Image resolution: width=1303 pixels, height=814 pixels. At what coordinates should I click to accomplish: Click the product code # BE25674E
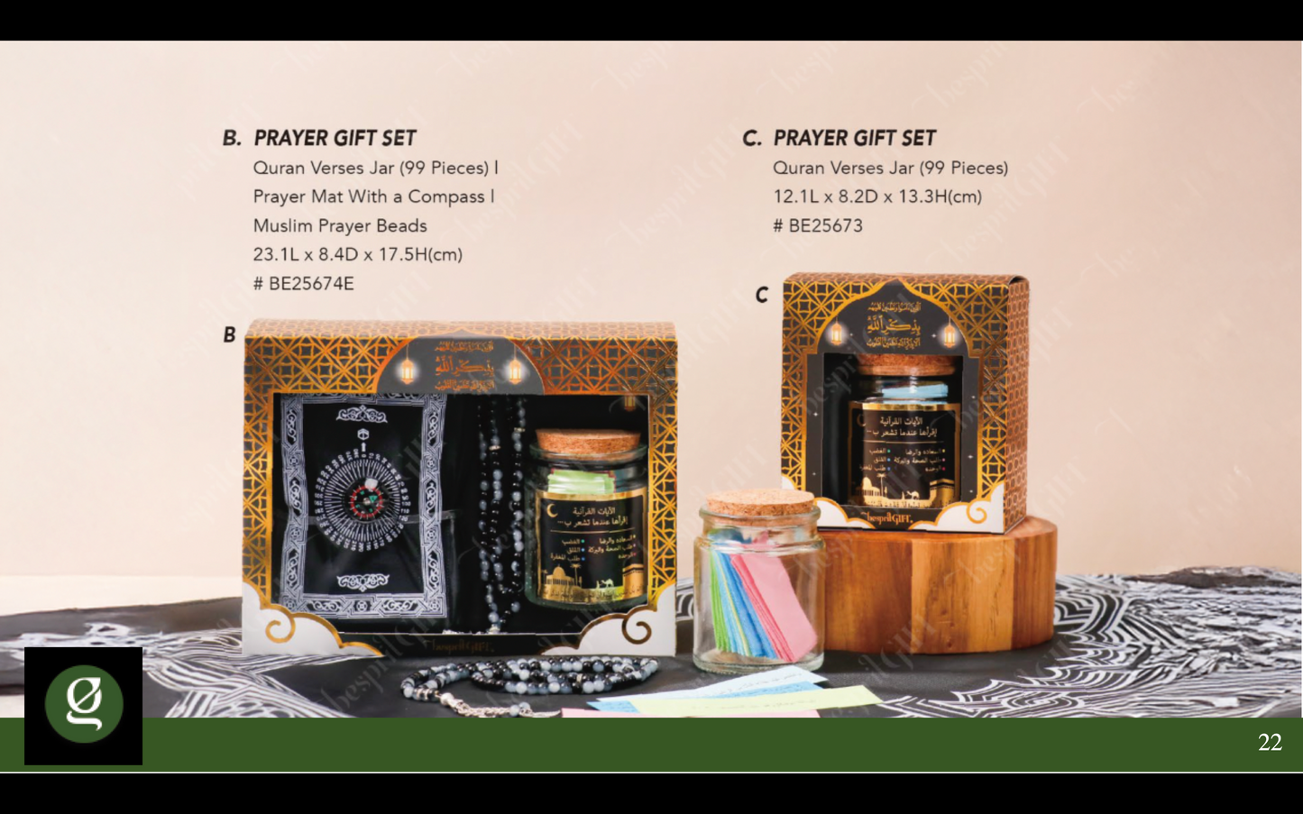click(x=304, y=283)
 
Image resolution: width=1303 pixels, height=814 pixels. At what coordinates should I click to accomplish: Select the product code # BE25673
click(x=818, y=225)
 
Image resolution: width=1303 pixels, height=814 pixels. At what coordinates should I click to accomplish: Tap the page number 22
click(x=1270, y=742)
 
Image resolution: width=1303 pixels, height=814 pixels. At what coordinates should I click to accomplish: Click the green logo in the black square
click(x=84, y=704)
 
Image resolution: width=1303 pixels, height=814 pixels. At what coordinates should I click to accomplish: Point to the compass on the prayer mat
click(x=364, y=493)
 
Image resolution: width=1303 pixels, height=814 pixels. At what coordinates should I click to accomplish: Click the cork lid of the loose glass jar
click(x=759, y=502)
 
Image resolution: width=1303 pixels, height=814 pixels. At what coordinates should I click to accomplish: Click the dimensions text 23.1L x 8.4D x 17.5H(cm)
click(x=358, y=254)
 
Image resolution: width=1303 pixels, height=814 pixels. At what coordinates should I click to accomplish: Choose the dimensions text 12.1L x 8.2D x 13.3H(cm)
click(x=877, y=197)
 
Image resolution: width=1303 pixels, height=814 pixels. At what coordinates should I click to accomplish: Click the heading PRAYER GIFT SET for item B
click(x=335, y=138)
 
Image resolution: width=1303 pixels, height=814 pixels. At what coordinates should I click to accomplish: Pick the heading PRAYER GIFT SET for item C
click(x=855, y=138)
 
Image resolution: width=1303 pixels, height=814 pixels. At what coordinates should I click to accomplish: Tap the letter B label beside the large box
click(x=229, y=334)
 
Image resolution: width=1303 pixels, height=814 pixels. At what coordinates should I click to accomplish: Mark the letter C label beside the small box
click(x=762, y=295)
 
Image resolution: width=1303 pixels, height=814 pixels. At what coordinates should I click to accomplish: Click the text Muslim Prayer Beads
click(x=340, y=225)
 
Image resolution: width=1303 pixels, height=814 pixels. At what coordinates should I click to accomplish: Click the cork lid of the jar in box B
click(x=588, y=442)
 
